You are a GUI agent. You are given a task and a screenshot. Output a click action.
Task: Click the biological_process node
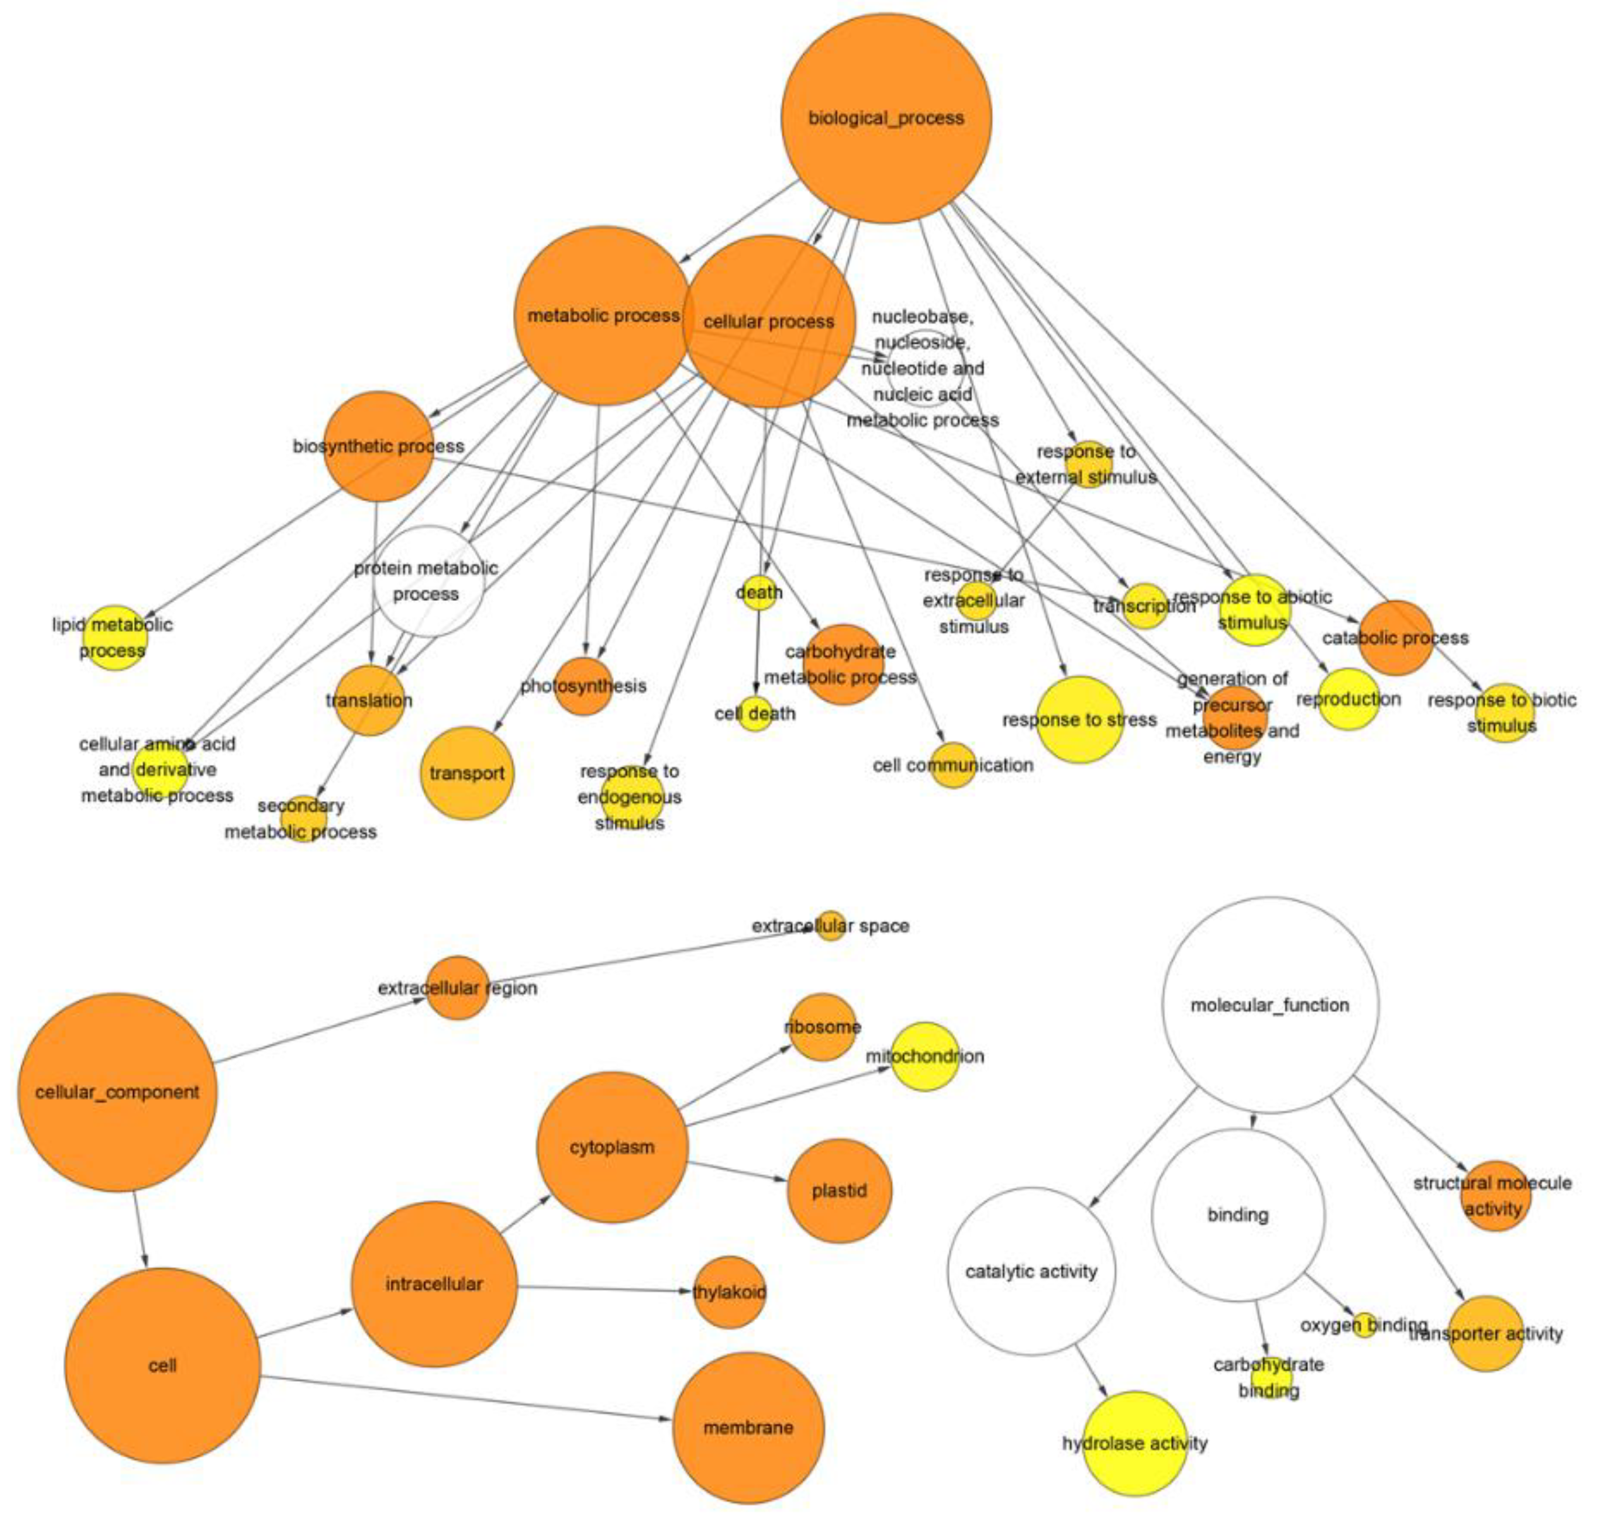pyautogui.click(x=886, y=118)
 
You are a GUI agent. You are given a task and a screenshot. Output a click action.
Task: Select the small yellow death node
pyautogui.click(x=759, y=593)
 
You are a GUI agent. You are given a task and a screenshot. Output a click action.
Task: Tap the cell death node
pyautogui.click(x=755, y=713)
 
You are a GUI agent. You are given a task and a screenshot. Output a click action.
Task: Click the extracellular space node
pyautogui.click(x=830, y=925)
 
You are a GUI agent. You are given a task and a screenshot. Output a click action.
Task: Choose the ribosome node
pyautogui.click(x=822, y=1026)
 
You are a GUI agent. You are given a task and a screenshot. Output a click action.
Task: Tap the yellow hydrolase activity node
pyautogui.click(x=1134, y=1443)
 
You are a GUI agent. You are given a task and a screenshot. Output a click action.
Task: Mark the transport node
pyautogui.click(x=467, y=773)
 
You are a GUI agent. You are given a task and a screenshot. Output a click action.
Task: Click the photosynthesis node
pyautogui.click(x=583, y=686)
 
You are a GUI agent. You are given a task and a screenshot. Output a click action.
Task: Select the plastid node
pyautogui.click(x=839, y=1191)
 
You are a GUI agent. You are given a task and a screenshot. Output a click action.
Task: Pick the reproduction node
pyautogui.click(x=1349, y=699)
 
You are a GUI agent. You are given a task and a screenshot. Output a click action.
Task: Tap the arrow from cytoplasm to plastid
pyautogui.click(x=737, y=1171)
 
